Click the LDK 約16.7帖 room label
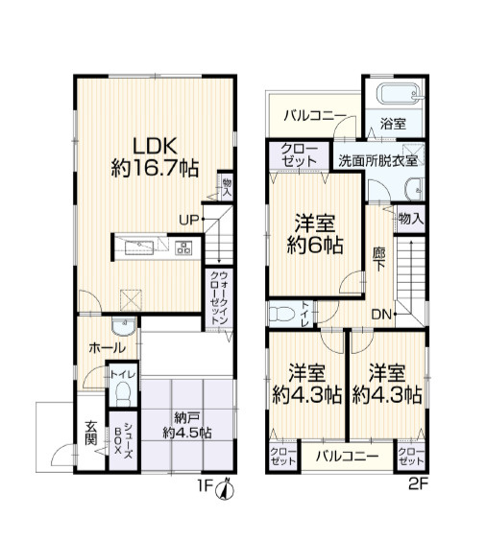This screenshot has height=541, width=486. click(x=155, y=157)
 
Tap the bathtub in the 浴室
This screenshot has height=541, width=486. click(x=399, y=93)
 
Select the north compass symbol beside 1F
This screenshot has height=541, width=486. click(x=225, y=489)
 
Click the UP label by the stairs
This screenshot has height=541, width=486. click(x=188, y=220)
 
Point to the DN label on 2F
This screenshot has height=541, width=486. click(x=381, y=315)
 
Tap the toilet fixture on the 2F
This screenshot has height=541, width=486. click(x=281, y=314)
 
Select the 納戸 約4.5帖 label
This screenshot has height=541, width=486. click(x=187, y=426)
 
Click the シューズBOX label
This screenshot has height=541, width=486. click(x=123, y=440)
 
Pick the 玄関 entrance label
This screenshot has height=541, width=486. click(x=90, y=433)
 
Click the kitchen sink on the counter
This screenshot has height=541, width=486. click(x=139, y=247)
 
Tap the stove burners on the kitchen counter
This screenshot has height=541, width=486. click(x=183, y=247)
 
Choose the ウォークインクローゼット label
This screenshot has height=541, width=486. click(x=219, y=297)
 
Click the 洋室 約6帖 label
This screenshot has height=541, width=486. click(x=315, y=234)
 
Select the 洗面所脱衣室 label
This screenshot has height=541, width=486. click(x=377, y=161)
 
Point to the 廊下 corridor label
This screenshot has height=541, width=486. click(x=379, y=259)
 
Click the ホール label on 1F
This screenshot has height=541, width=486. click(x=107, y=348)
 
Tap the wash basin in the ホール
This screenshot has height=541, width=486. click(x=123, y=326)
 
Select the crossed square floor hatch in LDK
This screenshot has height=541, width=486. click(x=131, y=300)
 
